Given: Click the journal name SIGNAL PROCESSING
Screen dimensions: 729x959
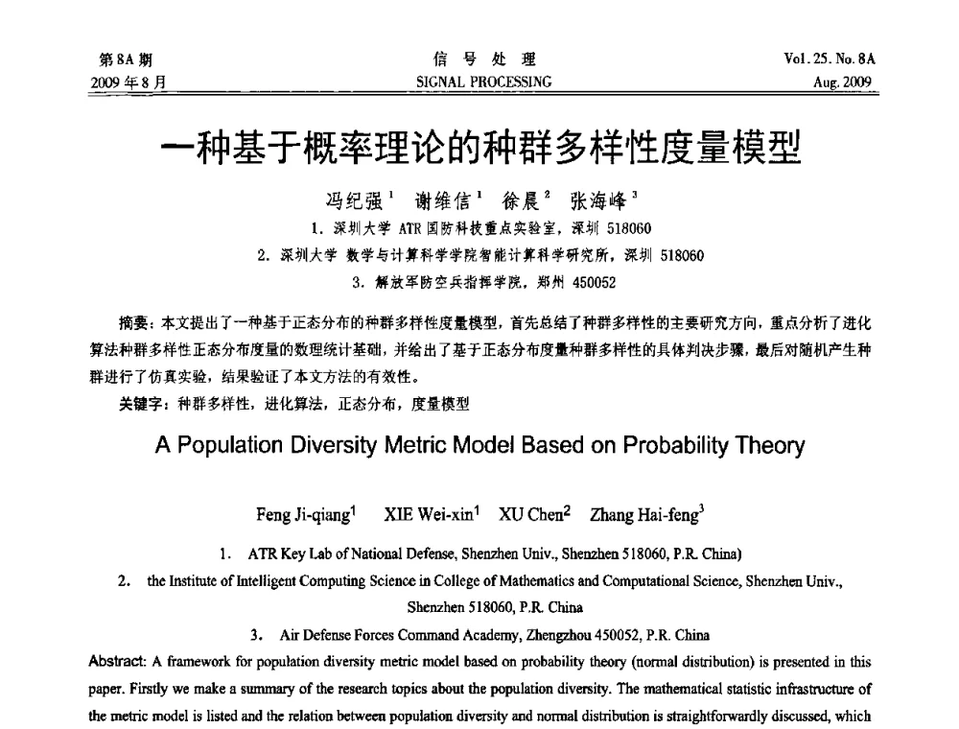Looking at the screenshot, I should click(479, 82).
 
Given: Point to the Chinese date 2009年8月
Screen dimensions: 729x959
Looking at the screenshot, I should click(126, 82).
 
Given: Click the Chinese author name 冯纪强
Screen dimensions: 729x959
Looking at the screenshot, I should click(355, 201).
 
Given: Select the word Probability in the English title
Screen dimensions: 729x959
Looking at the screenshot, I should click(684, 446).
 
